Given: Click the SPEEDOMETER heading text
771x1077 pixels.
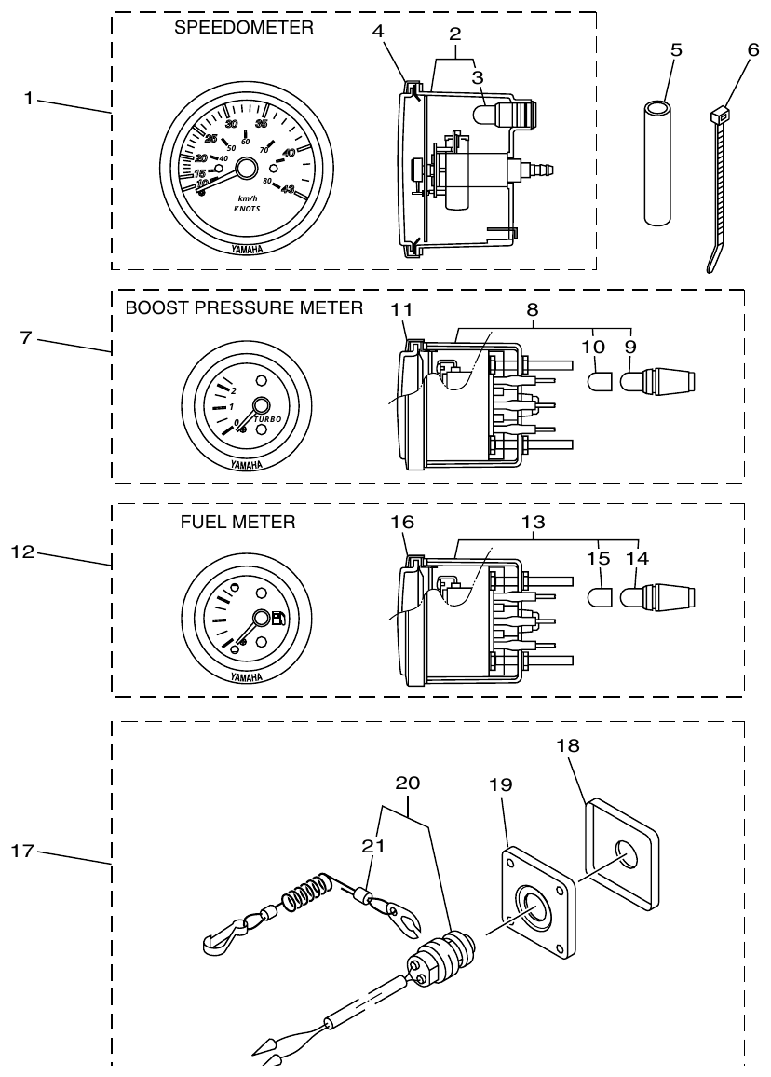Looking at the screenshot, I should pos(244,29).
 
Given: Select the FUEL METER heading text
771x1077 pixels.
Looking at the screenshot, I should pos(237,523).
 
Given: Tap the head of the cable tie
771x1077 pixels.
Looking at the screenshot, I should pos(719,116).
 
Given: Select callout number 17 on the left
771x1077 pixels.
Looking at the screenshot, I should pos(27,850).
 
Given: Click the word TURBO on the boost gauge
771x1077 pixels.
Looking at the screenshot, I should pos(268,419).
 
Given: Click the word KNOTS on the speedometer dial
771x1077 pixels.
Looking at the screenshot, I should pos(247,211).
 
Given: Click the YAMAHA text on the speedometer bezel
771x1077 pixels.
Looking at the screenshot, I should pos(246,249).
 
